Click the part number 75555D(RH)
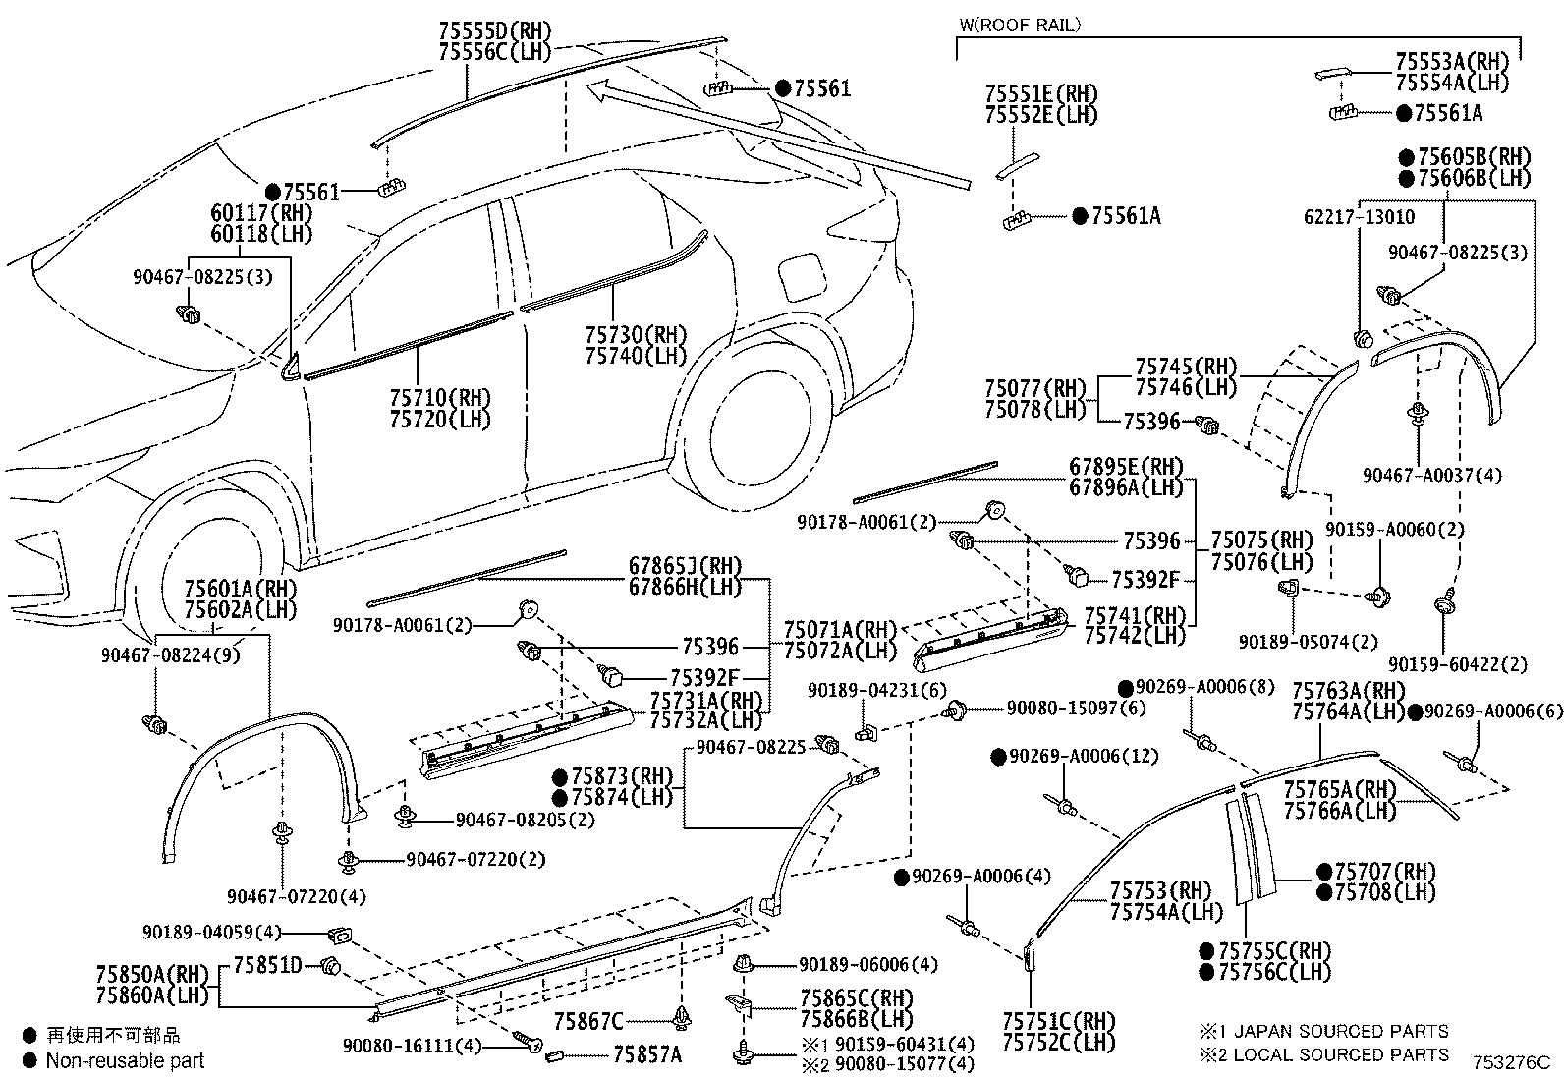(x=494, y=31)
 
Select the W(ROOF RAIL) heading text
(x=1019, y=25)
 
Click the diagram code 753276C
(x=1510, y=1062)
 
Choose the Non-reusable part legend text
(x=125, y=1060)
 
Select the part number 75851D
(x=268, y=964)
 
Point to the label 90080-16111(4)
(x=413, y=1045)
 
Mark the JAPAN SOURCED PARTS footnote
(x=1340, y=1031)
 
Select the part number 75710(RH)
(x=439, y=398)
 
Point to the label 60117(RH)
(x=261, y=213)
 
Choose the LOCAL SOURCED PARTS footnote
(x=1340, y=1054)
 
